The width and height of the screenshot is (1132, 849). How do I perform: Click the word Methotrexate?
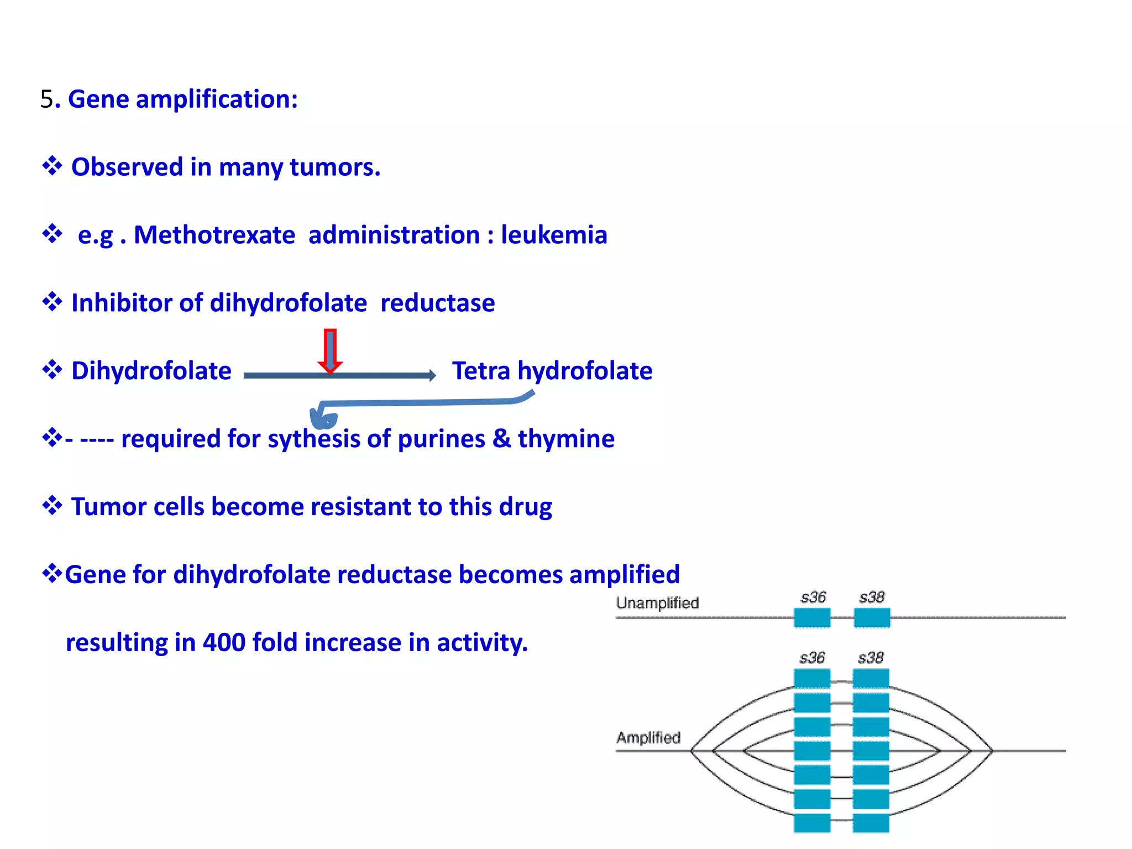(214, 235)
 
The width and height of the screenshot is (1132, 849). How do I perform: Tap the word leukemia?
(554, 235)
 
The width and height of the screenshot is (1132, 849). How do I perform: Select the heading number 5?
(46, 99)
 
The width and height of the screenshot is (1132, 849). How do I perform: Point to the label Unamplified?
(657, 602)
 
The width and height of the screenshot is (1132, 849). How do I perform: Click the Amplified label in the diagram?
(648, 737)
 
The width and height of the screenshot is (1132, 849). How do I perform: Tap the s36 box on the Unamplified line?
(812, 617)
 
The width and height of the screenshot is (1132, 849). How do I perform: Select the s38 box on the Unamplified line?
(872, 617)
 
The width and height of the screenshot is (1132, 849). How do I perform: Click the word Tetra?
(481, 371)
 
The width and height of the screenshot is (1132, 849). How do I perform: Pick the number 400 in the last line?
(224, 643)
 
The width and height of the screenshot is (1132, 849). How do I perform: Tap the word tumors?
(334, 167)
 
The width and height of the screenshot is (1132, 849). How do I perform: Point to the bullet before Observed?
(52, 166)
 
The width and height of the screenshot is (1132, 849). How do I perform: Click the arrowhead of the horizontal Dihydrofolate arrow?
(432, 376)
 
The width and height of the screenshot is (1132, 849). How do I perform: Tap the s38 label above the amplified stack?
(871, 658)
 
